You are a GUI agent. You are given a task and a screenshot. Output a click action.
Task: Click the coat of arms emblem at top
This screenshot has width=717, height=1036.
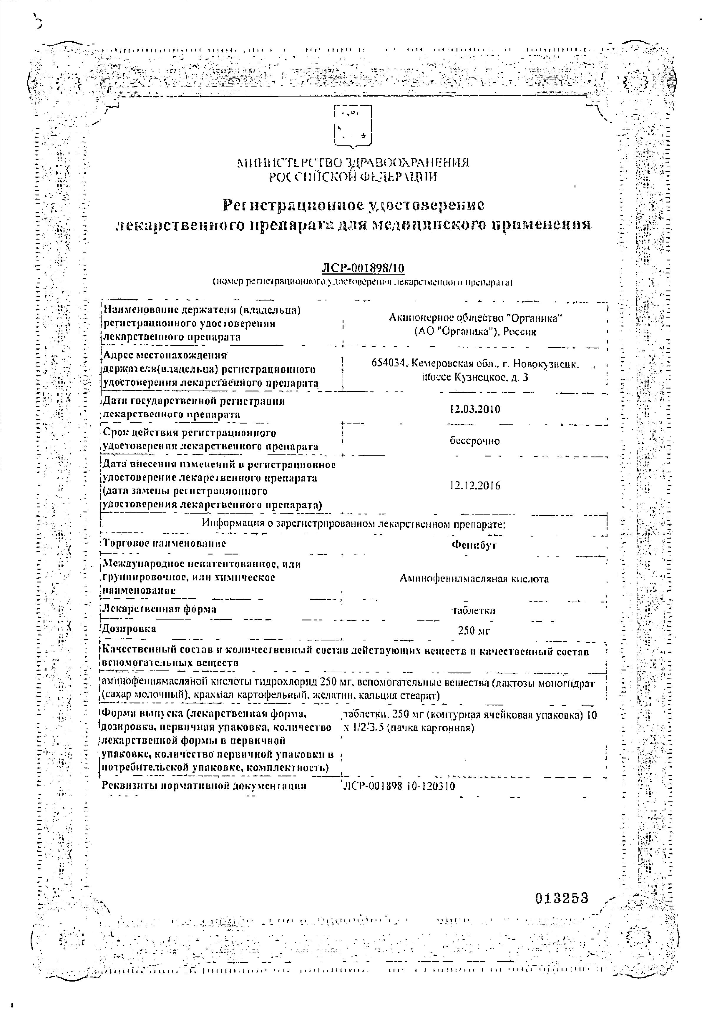click(x=353, y=125)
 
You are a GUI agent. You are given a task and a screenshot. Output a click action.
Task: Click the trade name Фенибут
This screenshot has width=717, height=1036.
click(x=474, y=545)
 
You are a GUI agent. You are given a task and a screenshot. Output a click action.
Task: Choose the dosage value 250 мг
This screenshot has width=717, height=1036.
click(x=474, y=631)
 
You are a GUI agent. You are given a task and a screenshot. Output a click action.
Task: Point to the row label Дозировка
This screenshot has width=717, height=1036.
click(x=130, y=629)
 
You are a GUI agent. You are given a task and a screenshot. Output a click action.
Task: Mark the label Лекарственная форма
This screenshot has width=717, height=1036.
click(x=160, y=609)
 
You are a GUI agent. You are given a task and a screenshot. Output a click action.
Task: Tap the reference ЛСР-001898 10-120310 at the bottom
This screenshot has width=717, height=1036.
click(x=399, y=786)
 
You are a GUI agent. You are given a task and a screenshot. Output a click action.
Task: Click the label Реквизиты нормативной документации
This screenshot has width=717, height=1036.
click(x=204, y=786)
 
